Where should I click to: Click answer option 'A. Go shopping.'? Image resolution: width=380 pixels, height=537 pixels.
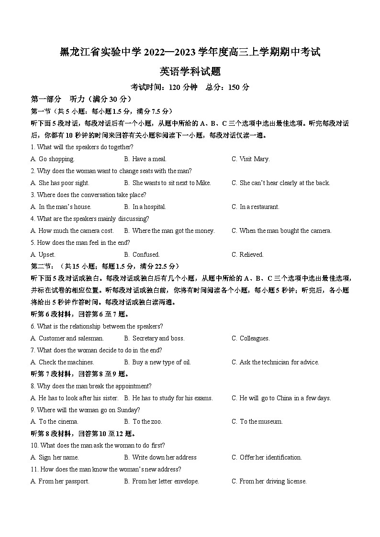52,159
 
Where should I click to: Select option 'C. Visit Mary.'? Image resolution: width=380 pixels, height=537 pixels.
251,159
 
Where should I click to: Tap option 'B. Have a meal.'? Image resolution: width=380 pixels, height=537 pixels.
145,159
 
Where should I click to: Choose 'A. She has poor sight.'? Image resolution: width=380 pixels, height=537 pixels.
60,183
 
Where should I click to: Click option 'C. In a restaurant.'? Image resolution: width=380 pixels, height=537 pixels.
256,207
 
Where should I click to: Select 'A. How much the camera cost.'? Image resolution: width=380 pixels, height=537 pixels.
72,231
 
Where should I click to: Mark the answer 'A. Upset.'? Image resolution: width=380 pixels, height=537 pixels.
43,255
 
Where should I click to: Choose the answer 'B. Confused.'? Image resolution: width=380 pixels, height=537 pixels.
142,255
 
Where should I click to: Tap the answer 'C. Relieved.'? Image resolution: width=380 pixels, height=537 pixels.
247,255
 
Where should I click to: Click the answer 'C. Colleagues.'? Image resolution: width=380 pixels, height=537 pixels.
251,339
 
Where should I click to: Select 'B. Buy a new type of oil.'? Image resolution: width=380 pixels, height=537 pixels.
157,362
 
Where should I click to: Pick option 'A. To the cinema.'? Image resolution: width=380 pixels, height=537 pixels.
55,422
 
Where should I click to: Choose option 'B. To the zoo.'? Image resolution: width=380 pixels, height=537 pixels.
143,422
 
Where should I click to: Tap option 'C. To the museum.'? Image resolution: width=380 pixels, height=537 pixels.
257,422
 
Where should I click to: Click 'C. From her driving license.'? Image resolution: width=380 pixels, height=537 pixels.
269,482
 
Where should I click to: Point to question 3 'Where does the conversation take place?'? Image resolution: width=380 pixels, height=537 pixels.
89,195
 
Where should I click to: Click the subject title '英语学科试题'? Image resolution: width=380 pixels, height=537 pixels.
190,72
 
